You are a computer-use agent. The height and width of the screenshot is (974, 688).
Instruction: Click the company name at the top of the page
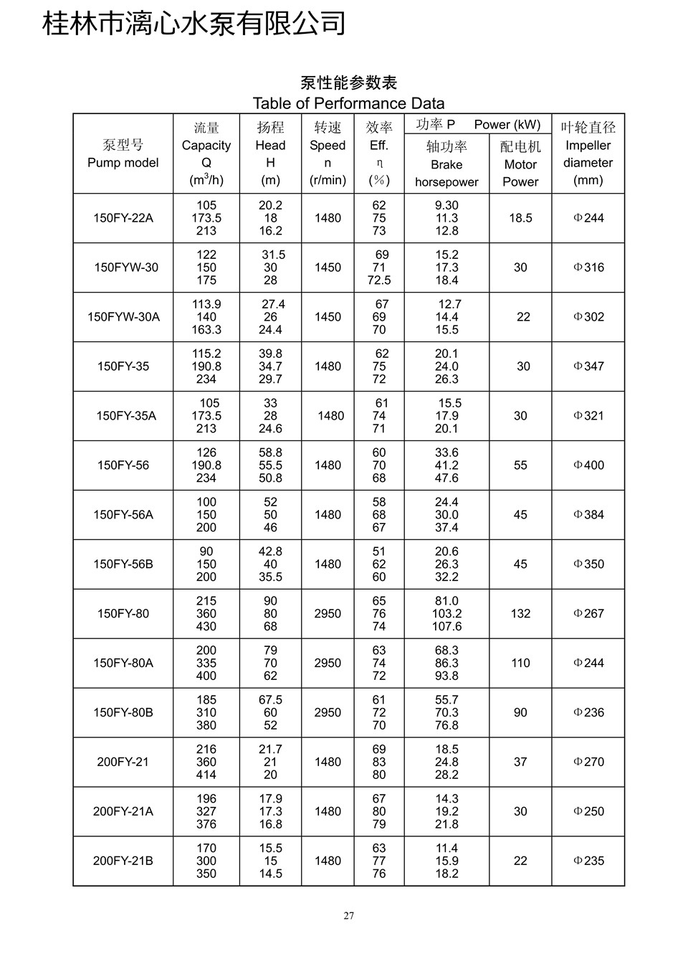193,23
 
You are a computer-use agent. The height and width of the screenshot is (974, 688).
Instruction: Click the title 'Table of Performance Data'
348,103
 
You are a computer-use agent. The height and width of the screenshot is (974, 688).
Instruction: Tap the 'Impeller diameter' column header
588,154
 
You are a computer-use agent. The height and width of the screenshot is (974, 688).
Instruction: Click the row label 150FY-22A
123,218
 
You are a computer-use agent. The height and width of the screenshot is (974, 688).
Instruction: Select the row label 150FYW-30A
123,317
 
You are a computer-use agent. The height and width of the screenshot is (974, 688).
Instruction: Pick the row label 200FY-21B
123,861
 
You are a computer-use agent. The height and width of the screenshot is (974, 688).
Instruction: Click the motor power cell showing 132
520,614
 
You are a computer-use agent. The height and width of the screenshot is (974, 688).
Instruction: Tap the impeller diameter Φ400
588,465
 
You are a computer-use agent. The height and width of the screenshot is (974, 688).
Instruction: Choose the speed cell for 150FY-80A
328,663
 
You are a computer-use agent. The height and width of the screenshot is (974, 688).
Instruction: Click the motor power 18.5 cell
520,218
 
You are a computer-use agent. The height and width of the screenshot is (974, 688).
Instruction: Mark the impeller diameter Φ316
588,268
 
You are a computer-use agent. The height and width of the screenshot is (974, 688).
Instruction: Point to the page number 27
348,915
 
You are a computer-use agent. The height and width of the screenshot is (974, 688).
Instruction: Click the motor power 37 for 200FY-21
520,762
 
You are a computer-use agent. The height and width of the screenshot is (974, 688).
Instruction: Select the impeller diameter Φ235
588,861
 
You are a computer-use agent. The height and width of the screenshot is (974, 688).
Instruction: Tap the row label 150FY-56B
123,564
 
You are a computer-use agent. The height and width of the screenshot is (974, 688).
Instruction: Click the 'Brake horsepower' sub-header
446,172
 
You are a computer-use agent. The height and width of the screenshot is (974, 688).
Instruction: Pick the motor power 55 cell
520,465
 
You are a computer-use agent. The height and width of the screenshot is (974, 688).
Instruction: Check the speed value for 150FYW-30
328,268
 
